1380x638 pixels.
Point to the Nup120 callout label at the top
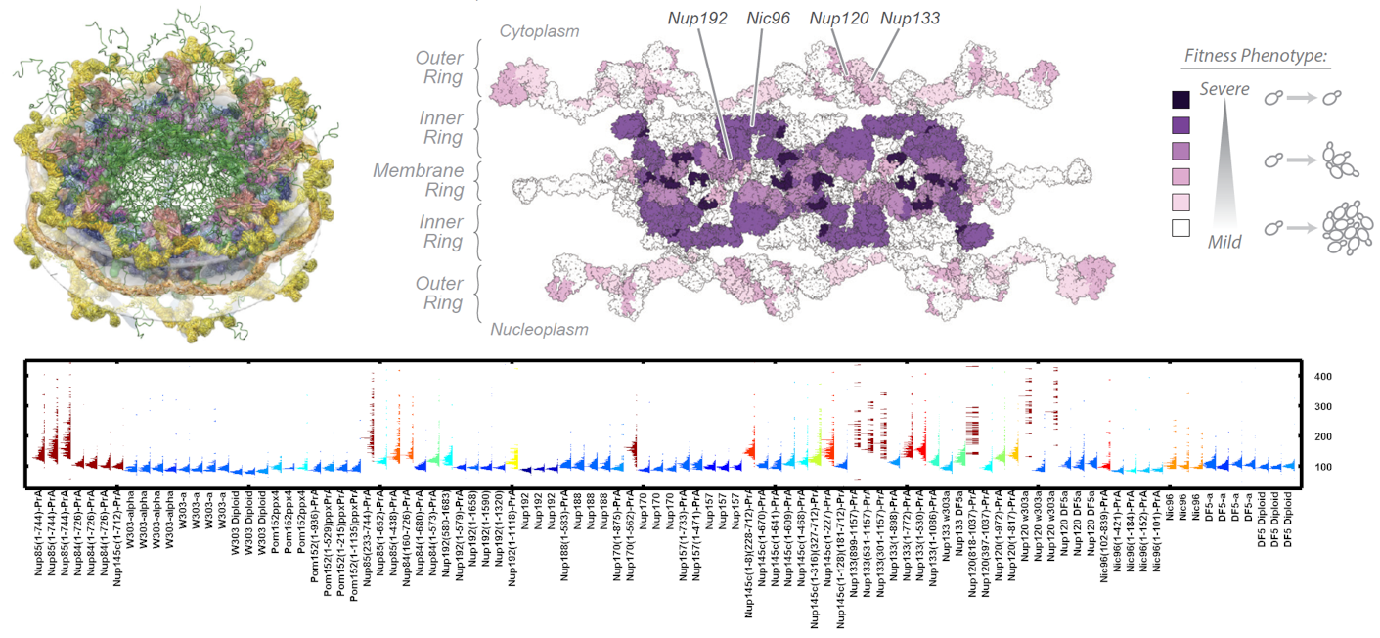[839, 19]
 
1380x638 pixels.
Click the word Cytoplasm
[539, 31]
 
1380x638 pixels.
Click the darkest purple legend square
[1180, 99]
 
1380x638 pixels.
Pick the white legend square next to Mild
[1180, 228]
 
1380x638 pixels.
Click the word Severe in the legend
[1224, 89]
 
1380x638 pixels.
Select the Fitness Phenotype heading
[1255, 56]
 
